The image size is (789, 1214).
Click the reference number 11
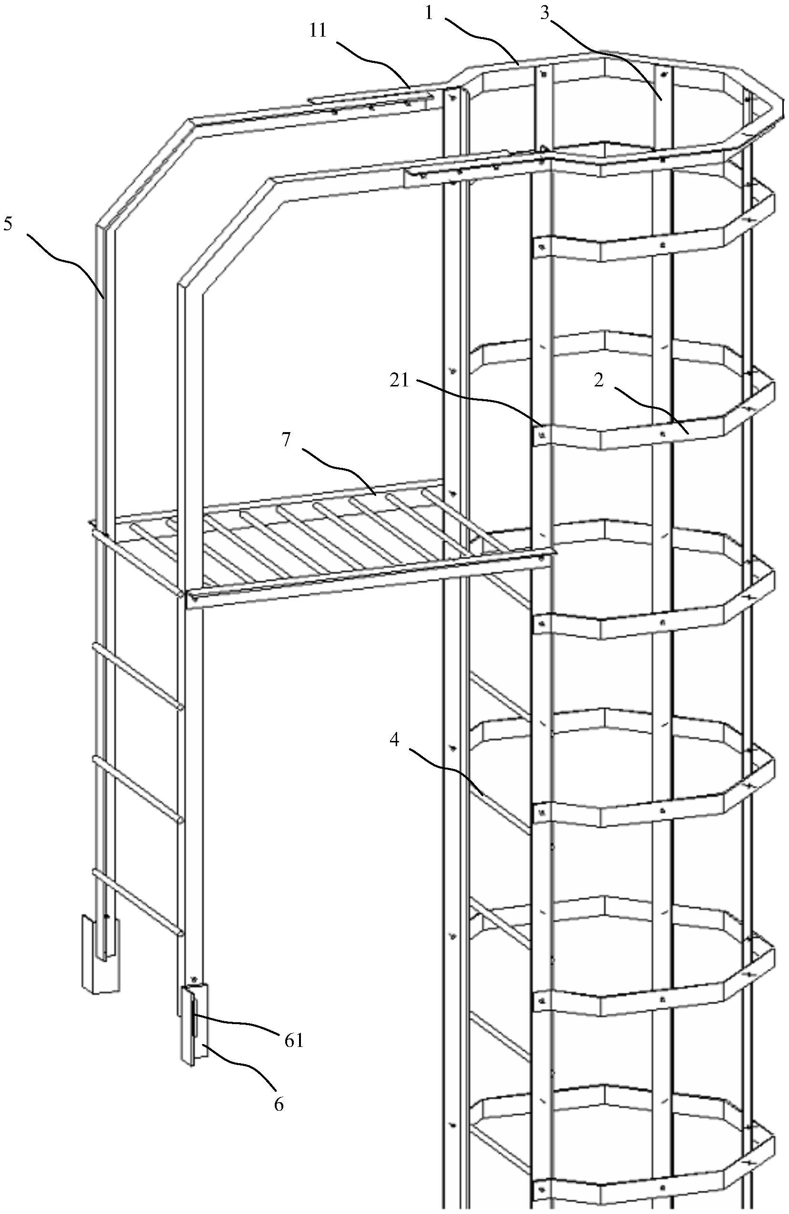pos(318,31)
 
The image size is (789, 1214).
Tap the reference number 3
pos(545,14)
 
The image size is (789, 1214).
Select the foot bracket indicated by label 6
pos(194,1025)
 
